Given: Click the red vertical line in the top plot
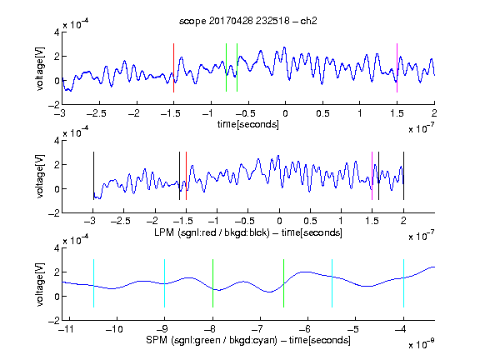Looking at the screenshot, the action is [173, 67].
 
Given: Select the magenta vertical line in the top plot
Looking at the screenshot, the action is [397, 67].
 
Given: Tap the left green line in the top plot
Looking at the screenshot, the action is [226, 67].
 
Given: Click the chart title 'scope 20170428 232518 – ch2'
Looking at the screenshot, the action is [248, 21].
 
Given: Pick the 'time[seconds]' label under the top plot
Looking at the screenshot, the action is [248, 124].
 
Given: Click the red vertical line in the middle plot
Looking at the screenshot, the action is [186, 176].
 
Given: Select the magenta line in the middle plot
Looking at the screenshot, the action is [372, 176].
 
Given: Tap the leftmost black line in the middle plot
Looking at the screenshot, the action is [93, 176].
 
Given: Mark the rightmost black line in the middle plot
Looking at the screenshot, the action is [403, 176].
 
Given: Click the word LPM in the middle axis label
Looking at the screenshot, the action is [164, 232].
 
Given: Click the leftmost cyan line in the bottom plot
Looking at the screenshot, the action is [93, 283].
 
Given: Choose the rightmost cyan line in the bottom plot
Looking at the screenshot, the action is [403, 283].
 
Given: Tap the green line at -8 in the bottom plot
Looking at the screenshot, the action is [212, 283].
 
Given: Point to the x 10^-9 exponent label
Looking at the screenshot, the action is [421, 344].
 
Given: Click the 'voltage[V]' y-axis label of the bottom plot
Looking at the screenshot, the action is [40, 284].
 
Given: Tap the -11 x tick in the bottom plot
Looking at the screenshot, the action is [66, 329].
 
